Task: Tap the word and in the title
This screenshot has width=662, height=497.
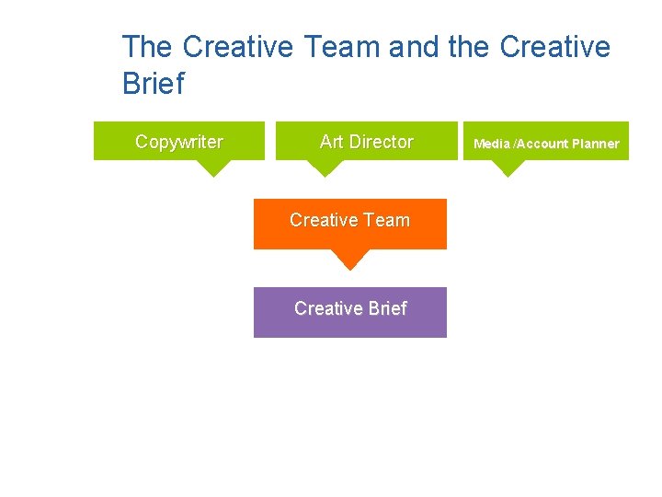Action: click(415, 47)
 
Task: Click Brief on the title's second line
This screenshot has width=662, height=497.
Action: click(153, 84)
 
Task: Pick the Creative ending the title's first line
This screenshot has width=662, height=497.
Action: click(556, 47)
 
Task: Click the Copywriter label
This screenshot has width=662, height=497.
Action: click(179, 142)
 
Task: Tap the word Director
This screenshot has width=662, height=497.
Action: click(380, 142)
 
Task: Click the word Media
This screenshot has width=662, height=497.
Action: click(492, 144)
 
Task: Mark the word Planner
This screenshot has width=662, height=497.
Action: click(596, 144)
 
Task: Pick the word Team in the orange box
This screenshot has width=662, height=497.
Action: click(386, 220)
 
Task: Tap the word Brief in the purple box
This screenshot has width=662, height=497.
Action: click(387, 308)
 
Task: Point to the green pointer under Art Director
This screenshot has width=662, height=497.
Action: click(323, 168)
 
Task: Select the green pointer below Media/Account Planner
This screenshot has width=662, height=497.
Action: click(508, 168)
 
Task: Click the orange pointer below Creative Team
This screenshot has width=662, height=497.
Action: click(348, 259)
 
